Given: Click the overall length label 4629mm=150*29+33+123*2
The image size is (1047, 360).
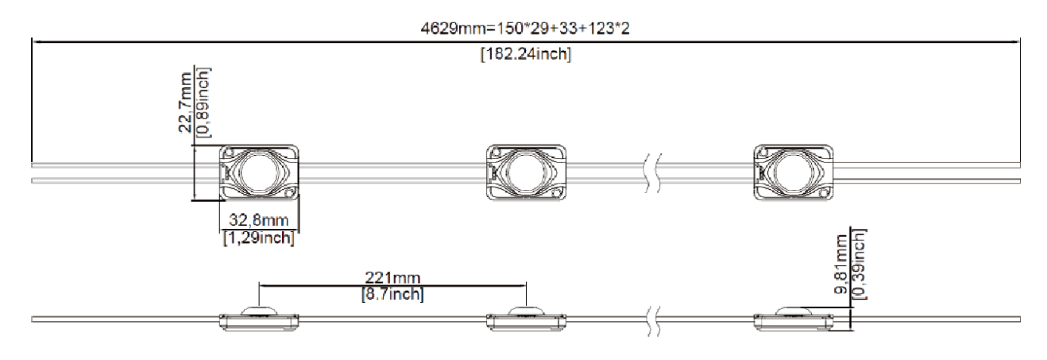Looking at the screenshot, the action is coord(525,29).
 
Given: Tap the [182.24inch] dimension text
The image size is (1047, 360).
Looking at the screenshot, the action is coord(526,54).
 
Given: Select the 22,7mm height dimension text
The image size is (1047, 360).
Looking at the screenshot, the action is coord(186,103).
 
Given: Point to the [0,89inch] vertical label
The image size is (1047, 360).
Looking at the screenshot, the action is coord(203,103).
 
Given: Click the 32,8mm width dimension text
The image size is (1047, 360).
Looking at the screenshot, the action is coord(258,220).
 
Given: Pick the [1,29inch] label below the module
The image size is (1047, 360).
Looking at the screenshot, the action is coord(258,238).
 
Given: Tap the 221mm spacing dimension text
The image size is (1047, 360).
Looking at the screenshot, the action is coord(392,277).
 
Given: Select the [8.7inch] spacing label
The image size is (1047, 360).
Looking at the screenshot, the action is coord(392,294).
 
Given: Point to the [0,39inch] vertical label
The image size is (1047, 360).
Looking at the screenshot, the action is coord(859,264).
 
